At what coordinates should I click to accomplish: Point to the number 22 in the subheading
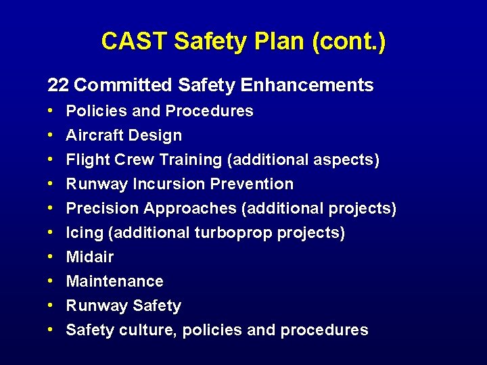[x=58, y=85]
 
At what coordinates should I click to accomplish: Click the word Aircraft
[x=91, y=135]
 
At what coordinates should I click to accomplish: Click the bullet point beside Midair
[x=51, y=257]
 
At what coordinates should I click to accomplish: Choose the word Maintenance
[x=114, y=281]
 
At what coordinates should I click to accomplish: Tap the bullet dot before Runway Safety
[x=51, y=306]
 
